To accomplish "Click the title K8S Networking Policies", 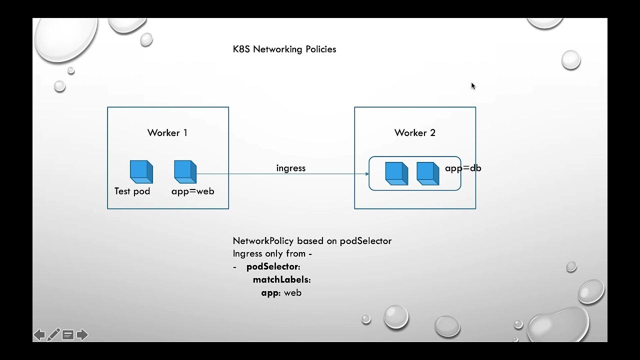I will tap(284, 49).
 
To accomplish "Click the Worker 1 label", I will tap(167, 132).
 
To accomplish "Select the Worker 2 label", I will tap(414, 132).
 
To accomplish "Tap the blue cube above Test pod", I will tap(141, 171).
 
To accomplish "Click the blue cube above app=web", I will tap(185, 171).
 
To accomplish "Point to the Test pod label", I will tap(132, 191).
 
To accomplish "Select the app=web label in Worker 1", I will tap(192, 191).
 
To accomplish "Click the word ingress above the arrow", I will tap(290, 168).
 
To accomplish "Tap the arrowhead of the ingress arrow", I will tap(367, 174).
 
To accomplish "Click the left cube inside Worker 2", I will tap(396, 173).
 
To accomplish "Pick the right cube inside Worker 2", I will tap(427, 173).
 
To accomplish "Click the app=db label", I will tap(463, 168).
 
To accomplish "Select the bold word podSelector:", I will tap(273, 267).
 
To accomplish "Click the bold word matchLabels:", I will tap(281, 280).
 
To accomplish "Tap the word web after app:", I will tap(292, 293).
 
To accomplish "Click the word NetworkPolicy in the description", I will tap(263, 241).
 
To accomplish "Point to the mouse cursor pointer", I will tap(473, 86).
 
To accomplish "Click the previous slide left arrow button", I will tap(39, 334).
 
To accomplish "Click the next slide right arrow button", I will tap(82, 334).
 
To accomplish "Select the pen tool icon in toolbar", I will tap(53, 334).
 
